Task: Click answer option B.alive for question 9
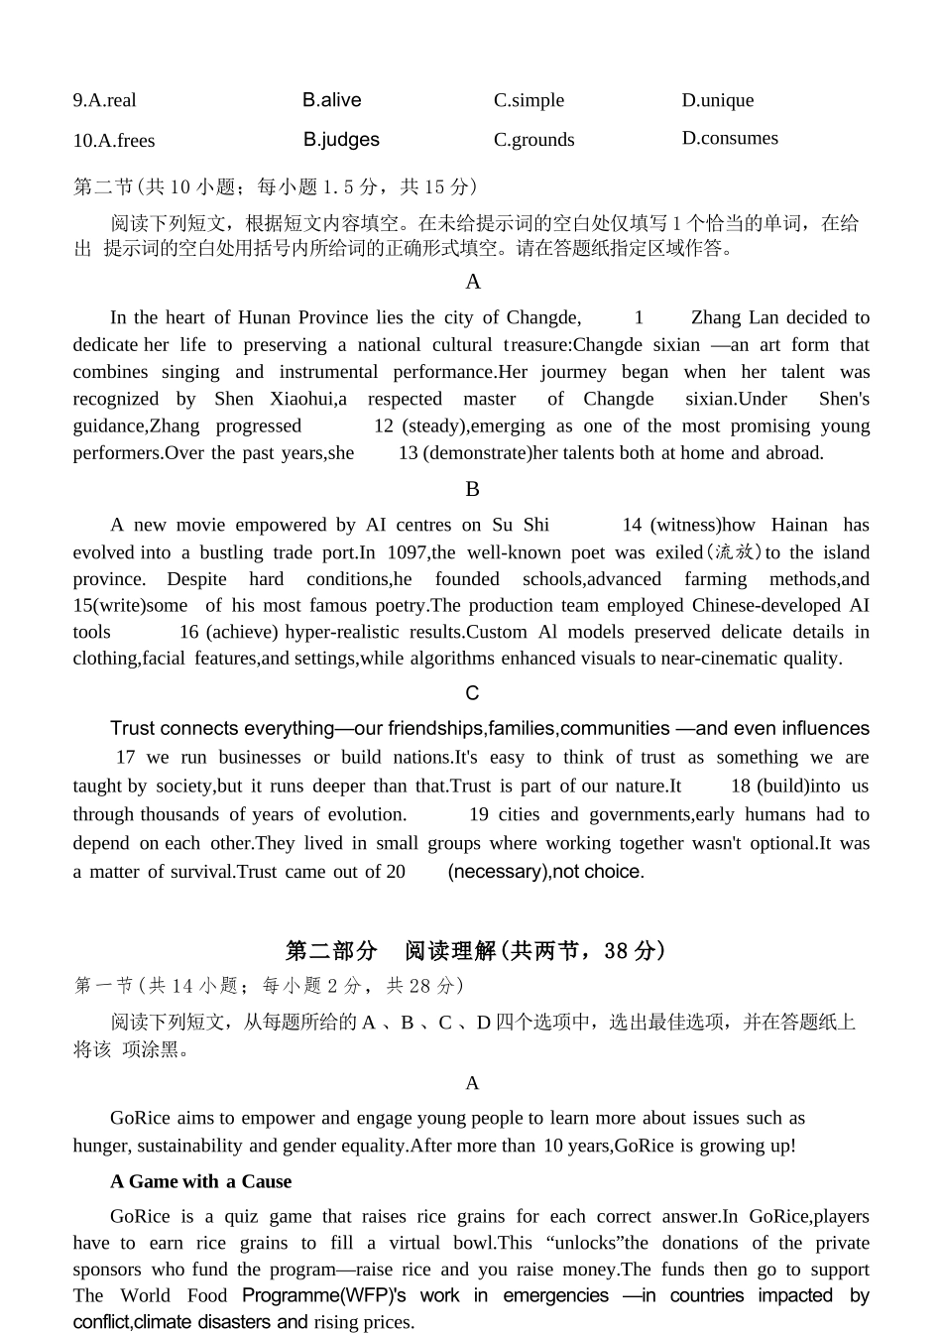[x=331, y=100]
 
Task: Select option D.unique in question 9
[x=717, y=100]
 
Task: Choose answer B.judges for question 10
[x=341, y=140]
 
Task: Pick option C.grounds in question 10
[x=533, y=140]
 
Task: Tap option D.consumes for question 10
[x=730, y=138]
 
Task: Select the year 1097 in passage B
[x=407, y=552]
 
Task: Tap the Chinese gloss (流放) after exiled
[x=734, y=552]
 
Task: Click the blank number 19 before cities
[x=478, y=814]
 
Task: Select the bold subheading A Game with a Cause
[x=200, y=1181]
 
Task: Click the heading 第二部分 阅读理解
[x=475, y=951]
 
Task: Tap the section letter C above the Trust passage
[x=472, y=693]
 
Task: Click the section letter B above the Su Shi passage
[x=472, y=489]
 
